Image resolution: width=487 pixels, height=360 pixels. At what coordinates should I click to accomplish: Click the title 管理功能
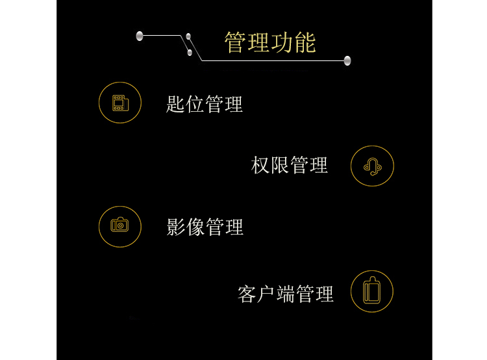pos(270,43)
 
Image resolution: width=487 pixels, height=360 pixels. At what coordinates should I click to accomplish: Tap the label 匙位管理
pos(205,104)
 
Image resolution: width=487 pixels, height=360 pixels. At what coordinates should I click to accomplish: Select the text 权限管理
pos(290,166)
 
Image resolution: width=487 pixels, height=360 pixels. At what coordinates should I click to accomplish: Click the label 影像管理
pos(205,227)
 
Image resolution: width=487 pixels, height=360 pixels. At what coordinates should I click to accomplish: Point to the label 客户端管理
pos(286,294)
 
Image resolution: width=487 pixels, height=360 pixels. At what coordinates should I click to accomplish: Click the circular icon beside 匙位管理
pos(120,103)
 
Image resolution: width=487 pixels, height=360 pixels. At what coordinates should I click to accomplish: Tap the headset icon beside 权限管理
pos(372,166)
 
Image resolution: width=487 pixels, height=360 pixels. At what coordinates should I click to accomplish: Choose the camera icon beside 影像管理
pos(120,226)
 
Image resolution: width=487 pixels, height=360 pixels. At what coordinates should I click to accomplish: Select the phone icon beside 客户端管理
pos(372,291)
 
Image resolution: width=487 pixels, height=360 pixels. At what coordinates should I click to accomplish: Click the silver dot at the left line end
pos(140,36)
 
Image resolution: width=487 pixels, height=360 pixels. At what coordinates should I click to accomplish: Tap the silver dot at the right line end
pos(347,60)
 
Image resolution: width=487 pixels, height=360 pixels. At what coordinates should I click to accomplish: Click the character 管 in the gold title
pos(235,43)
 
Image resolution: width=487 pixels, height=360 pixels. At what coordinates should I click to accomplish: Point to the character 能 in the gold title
pos(305,43)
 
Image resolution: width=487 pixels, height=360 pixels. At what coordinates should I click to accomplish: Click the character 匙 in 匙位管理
pos(176,104)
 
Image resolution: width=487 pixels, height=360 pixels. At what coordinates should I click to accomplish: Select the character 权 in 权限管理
pos(260,166)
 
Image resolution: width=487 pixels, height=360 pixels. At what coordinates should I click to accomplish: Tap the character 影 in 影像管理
pos(176,227)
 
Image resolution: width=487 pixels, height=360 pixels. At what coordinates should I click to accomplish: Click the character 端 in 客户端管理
pos(286,294)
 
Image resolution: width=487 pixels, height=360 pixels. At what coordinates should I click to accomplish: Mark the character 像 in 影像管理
pos(195,227)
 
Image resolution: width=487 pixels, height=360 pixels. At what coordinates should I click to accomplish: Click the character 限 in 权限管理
pos(280,166)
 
